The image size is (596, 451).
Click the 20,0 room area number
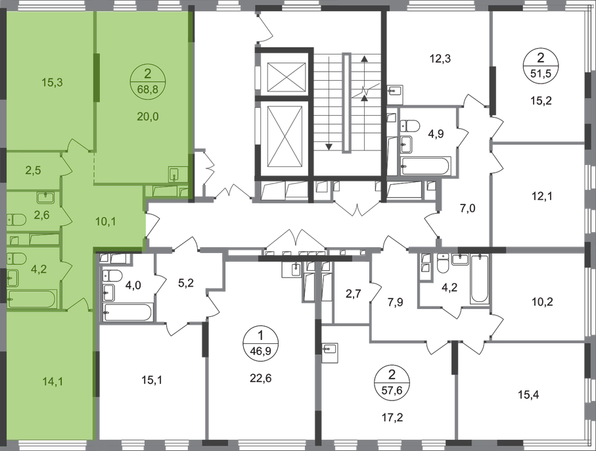tap(148, 117)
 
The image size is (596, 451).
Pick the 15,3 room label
tap(52, 82)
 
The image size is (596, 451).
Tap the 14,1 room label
tap(54, 381)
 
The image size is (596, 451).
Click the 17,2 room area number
tap(392, 418)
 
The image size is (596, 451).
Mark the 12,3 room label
tap(441, 59)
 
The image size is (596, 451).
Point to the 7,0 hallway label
tap(467, 208)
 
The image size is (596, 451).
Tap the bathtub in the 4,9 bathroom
tap(426, 166)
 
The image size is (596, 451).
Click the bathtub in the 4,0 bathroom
tap(127, 312)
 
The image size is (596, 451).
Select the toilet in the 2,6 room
tap(16, 220)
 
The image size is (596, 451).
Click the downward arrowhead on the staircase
tap(329, 147)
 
